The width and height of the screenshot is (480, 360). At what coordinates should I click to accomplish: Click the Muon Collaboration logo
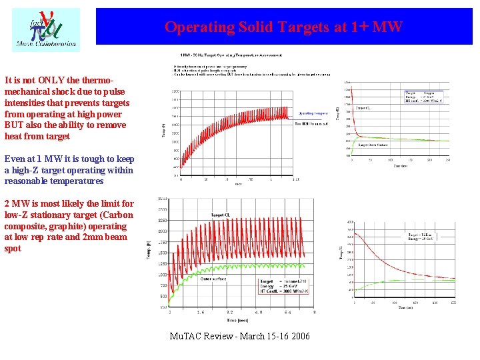tap(45, 30)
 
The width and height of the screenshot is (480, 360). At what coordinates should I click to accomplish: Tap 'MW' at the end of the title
tap(387, 27)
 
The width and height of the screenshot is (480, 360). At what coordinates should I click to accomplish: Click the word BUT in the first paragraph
tap(15, 125)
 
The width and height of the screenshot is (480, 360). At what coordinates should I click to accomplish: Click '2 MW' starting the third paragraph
tap(17, 203)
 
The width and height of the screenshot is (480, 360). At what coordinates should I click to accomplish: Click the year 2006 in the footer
tap(300, 336)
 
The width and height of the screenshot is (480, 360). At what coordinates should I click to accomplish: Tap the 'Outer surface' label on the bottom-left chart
tap(213, 279)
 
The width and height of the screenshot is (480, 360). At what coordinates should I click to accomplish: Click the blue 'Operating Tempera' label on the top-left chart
tap(313, 114)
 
